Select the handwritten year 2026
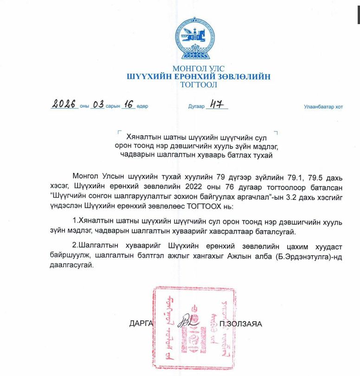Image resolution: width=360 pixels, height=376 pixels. (x=64, y=105)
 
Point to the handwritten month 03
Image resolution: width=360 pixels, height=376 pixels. (x=98, y=105)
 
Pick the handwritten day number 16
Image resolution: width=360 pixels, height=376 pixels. (x=129, y=104)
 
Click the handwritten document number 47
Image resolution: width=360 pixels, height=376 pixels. (x=217, y=104)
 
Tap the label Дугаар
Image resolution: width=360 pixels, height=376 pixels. (x=196, y=107)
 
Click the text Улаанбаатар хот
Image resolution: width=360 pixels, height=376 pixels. (x=323, y=107)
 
